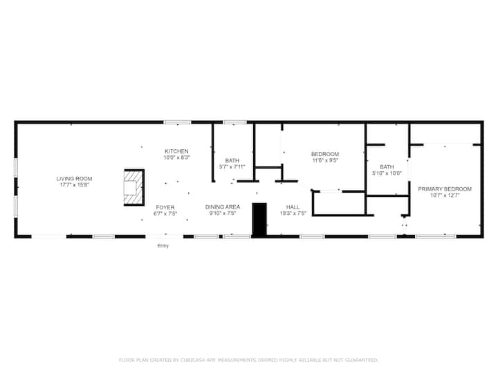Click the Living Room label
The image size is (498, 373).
point(74,179)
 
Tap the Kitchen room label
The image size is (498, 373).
point(176,151)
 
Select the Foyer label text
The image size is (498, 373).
point(165,207)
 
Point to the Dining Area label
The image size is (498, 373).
point(222,207)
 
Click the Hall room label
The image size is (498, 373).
point(293,207)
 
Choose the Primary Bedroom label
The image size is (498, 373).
point(445,189)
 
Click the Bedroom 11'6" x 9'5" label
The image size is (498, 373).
point(325,154)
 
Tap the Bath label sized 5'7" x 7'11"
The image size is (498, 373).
point(232,160)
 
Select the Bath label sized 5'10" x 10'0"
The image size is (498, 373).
point(387,167)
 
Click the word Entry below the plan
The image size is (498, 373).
point(163,246)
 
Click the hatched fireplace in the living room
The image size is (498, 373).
point(134,187)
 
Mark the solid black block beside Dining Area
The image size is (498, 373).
point(259,219)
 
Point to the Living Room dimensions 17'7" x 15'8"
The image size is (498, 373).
point(74,185)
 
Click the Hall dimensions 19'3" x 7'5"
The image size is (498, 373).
point(293,213)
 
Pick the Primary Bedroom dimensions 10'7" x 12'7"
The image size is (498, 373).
point(445,195)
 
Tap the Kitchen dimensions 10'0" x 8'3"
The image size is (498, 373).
point(176,157)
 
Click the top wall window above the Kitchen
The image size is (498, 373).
point(178,122)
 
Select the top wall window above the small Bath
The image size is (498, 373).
point(234,122)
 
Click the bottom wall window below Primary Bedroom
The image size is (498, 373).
point(436,236)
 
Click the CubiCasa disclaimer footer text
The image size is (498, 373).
point(248,360)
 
